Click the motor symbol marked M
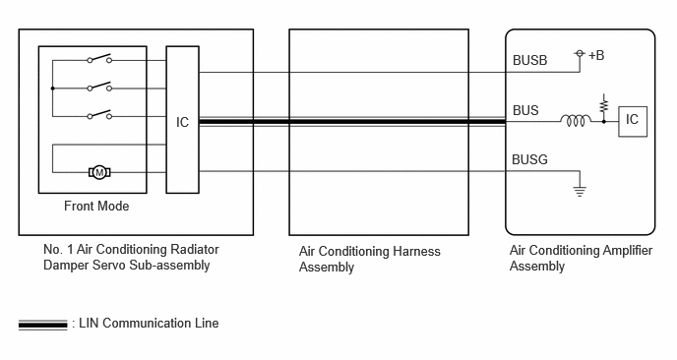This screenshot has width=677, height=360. [99, 173]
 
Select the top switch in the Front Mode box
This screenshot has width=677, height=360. [99, 59]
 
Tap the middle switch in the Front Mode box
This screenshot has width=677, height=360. [99, 87]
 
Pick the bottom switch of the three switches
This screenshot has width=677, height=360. [99, 114]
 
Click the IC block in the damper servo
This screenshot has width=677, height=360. [183, 120]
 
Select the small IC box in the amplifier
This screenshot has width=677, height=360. [633, 121]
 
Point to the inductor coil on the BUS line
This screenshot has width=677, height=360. [576, 120]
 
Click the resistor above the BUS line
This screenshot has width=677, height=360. [604, 105]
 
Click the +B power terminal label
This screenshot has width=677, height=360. [596, 55]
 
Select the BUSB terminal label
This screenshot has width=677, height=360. [529, 60]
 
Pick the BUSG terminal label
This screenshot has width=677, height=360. [529, 159]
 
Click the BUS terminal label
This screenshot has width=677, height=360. [525, 110]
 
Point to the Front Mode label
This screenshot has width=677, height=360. [96, 206]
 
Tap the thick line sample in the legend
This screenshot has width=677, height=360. [42, 325]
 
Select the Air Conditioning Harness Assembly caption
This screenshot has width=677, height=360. [370, 259]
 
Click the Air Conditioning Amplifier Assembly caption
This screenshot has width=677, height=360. [581, 258]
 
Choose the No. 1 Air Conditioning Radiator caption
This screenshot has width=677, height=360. [131, 250]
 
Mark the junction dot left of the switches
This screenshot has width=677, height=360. [53, 89]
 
